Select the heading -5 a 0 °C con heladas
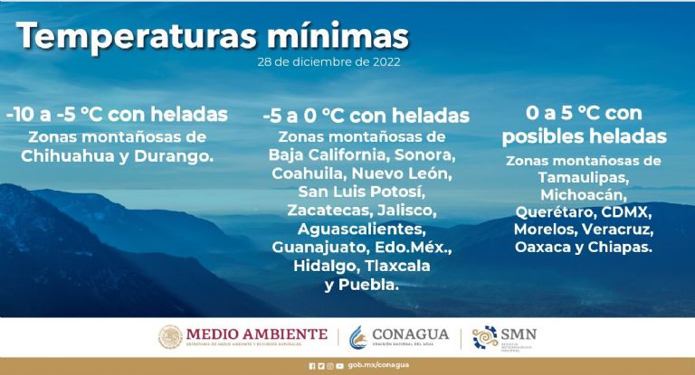(366, 117)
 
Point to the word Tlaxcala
(395, 266)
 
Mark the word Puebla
(368, 285)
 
